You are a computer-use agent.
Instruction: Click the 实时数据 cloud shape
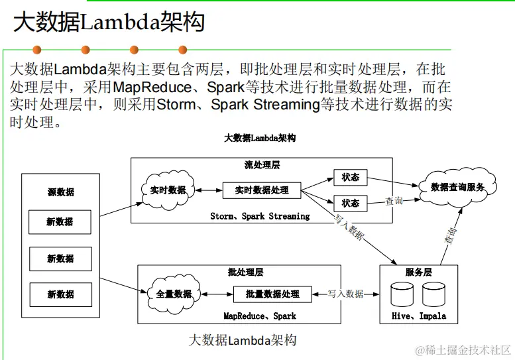pyautogui.click(x=168, y=190)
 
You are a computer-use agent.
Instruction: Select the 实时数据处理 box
pyautogui.click(x=262, y=190)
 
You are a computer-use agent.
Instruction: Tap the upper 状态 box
pyautogui.click(x=350, y=178)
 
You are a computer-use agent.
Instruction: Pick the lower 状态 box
pyautogui.click(x=350, y=203)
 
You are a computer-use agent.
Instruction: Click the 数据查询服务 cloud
pyautogui.click(x=458, y=188)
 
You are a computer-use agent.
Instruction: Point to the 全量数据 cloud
pyautogui.click(x=174, y=294)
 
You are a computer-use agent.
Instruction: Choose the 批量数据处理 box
pyautogui.click(x=272, y=294)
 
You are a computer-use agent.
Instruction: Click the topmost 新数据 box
pyautogui.click(x=60, y=222)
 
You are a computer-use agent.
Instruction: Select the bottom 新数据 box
pyautogui.click(x=60, y=294)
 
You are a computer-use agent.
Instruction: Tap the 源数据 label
pyautogui.click(x=60, y=192)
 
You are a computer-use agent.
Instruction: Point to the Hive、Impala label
pyautogui.click(x=419, y=316)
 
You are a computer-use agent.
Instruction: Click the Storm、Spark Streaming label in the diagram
pyautogui.click(x=260, y=216)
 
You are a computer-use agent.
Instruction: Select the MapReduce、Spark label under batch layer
pyautogui.click(x=260, y=316)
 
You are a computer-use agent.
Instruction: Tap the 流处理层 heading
pyautogui.click(x=262, y=164)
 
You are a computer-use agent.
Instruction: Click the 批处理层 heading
pyautogui.click(x=245, y=272)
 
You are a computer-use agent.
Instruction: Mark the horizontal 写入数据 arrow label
pyautogui.click(x=345, y=294)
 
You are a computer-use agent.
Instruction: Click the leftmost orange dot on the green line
pyautogui.click(x=37, y=50)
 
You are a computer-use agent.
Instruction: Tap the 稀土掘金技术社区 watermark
pyautogui.click(x=463, y=349)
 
